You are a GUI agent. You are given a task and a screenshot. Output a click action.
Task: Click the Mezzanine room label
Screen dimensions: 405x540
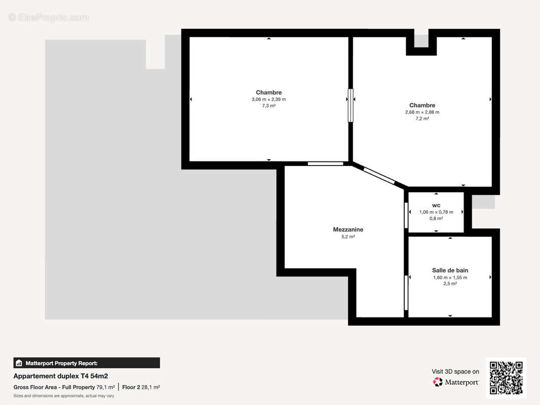(x=348, y=229)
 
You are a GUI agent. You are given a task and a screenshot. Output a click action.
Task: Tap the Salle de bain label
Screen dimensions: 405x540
(x=450, y=270)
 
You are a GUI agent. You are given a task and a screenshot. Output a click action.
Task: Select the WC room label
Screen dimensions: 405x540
(x=436, y=205)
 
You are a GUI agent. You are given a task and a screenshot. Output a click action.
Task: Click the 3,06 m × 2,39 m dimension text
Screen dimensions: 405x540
(x=268, y=99)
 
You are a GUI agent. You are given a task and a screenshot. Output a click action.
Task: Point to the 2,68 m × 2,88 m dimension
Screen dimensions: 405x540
(x=422, y=112)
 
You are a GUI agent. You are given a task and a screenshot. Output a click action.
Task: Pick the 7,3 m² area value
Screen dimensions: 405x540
(x=268, y=106)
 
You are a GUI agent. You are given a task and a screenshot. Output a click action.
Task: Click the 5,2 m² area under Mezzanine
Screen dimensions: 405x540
(x=348, y=236)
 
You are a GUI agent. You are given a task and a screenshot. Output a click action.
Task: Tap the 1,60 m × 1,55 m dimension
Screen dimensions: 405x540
(x=450, y=277)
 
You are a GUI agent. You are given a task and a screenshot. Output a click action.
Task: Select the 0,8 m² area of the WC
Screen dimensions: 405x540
(x=436, y=218)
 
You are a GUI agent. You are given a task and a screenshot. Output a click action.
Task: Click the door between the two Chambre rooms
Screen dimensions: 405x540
(x=350, y=105)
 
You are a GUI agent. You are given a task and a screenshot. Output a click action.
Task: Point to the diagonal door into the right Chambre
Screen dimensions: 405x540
(x=379, y=175)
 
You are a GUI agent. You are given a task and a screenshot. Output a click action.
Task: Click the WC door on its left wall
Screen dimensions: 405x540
(x=406, y=215)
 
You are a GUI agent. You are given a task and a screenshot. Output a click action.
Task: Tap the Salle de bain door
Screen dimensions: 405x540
(x=406, y=293)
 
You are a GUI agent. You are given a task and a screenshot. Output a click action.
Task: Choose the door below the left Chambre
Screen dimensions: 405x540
(x=325, y=164)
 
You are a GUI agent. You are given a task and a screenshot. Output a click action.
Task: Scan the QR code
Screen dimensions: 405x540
(x=506, y=378)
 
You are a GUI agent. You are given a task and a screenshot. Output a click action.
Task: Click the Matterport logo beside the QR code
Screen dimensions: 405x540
(x=456, y=382)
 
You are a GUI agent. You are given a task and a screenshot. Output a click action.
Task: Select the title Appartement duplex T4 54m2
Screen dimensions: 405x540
(x=60, y=376)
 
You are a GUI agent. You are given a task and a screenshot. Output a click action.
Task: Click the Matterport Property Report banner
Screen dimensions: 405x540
(x=87, y=363)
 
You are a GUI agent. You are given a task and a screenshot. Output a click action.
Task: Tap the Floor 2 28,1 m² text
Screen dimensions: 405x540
(x=141, y=387)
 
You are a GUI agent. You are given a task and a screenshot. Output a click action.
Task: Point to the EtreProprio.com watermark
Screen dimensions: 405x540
(x=49, y=17)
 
